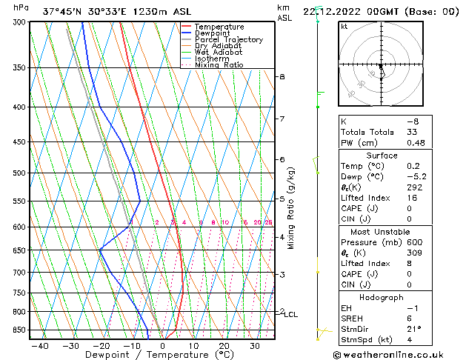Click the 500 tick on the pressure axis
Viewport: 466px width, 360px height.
(x=17, y=173)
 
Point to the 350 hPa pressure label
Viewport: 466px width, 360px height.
(x=17, y=68)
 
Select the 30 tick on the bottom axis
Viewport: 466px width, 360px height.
(x=254, y=346)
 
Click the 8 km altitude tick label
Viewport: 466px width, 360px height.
(x=282, y=77)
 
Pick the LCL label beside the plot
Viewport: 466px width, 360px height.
(x=291, y=315)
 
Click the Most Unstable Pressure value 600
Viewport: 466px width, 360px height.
(x=413, y=242)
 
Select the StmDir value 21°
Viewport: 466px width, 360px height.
(x=413, y=329)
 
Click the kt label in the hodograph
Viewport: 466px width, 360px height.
(x=344, y=27)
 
